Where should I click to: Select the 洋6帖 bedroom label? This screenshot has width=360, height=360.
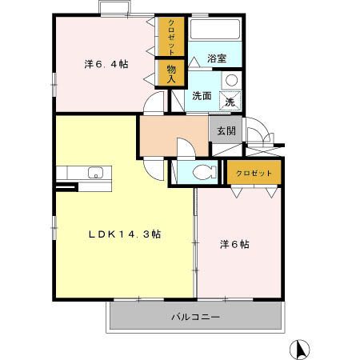click(x=234, y=244)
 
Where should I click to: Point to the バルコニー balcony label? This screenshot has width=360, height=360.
click(x=195, y=317)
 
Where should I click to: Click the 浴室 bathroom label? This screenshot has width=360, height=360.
click(x=216, y=58)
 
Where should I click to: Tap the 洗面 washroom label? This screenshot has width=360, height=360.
click(x=202, y=96)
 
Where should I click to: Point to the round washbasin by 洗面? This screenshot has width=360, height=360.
click(x=230, y=80)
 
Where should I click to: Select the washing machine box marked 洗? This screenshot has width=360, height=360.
click(x=230, y=102)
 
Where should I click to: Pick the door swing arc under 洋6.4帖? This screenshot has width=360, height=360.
click(x=156, y=102)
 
